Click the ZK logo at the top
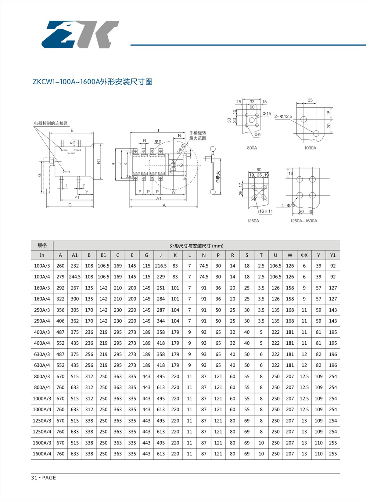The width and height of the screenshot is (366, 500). tap(80, 34)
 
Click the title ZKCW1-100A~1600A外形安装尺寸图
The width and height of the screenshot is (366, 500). tap(92, 82)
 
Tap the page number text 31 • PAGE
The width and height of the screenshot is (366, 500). tap(43, 478)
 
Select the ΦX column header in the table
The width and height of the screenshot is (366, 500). tap(304, 255)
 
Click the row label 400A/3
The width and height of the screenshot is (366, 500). tap(42, 332)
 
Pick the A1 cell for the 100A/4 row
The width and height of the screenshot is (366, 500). tap(75, 277)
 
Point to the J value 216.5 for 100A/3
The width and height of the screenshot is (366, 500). tap(161, 266)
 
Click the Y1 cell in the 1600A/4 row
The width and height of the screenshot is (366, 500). tap(333, 454)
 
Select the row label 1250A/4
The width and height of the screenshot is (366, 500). tap(42, 432)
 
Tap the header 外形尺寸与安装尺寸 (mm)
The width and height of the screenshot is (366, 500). tap(196, 246)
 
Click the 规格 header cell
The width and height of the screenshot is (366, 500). tap(42, 245)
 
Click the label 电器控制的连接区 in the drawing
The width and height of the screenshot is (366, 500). tap(51, 123)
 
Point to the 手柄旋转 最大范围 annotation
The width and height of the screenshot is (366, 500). tap(197, 135)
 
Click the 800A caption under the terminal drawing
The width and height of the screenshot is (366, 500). tap(252, 148)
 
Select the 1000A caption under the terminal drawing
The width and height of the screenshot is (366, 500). tap(310, 148)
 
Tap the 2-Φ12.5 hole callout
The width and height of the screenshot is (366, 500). tap(283, 116)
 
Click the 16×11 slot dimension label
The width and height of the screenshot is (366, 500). tap(266, 211)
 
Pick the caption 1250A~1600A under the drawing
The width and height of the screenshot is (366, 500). tap(303, 221)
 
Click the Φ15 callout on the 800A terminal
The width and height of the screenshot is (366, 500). tap(267, 113)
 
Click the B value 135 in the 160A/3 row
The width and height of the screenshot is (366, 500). tap(89, 288)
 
